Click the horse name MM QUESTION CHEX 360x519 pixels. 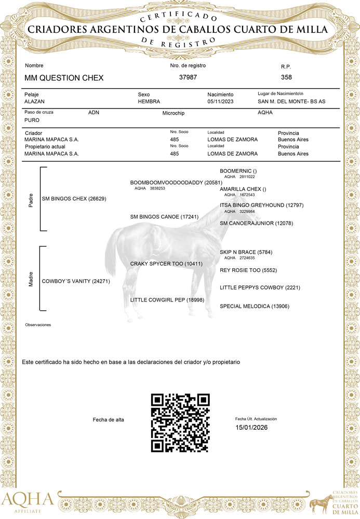64,78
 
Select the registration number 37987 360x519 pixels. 188,77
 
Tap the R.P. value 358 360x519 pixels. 286,77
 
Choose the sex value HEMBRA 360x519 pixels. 149,102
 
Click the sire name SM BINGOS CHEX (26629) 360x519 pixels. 74,199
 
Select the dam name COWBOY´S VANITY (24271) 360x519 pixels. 76,282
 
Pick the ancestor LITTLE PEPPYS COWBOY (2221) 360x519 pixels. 260,288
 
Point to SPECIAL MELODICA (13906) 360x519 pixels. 255,306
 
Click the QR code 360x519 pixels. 180,422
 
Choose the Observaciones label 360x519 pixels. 38,325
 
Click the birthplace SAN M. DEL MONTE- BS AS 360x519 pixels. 291,102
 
